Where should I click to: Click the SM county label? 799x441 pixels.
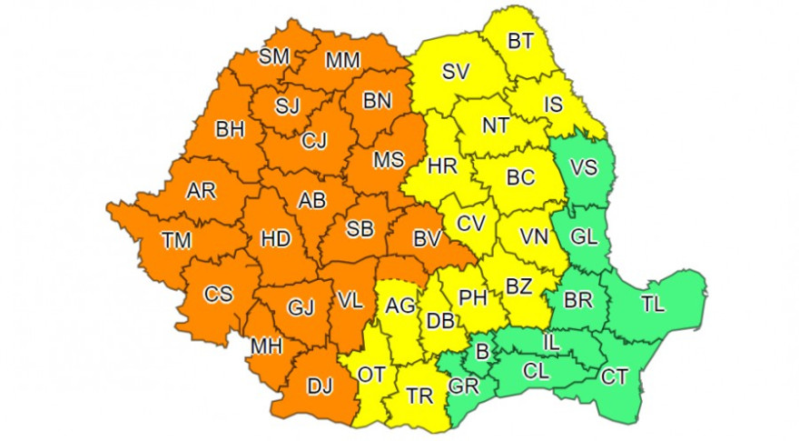pyautogui.click(x=273, y=56)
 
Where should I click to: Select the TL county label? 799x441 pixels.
pyautogui.click(x=652, y=304)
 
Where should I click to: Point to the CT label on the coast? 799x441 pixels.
pyautogui.click(x=615, y=376)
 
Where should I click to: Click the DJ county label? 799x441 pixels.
pyautogui.click(x=320, y=386)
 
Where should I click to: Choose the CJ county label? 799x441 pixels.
pyautogui.click(x=314, y=140)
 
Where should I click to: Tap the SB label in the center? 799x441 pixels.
pyautogui.click(x=360, y=230)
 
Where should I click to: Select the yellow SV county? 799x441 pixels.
pyautogui.click(x=456, y=73)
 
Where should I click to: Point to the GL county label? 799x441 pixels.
pyautogui.click(x=584, y=236)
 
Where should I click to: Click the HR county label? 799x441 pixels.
pyautogui.click(x=442, y=166)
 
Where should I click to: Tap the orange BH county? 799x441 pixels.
pyautogui.click(x=230, y=130)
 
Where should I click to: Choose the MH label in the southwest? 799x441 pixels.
pyautogui.click(x=267, y=346)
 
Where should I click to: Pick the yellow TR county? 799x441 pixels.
pyautogui.click(x=419, y=396)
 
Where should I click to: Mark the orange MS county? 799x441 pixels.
pyautogui.click(x=389, y=160)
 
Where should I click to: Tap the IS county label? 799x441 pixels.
pyautogui.click(x=553, y=105)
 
